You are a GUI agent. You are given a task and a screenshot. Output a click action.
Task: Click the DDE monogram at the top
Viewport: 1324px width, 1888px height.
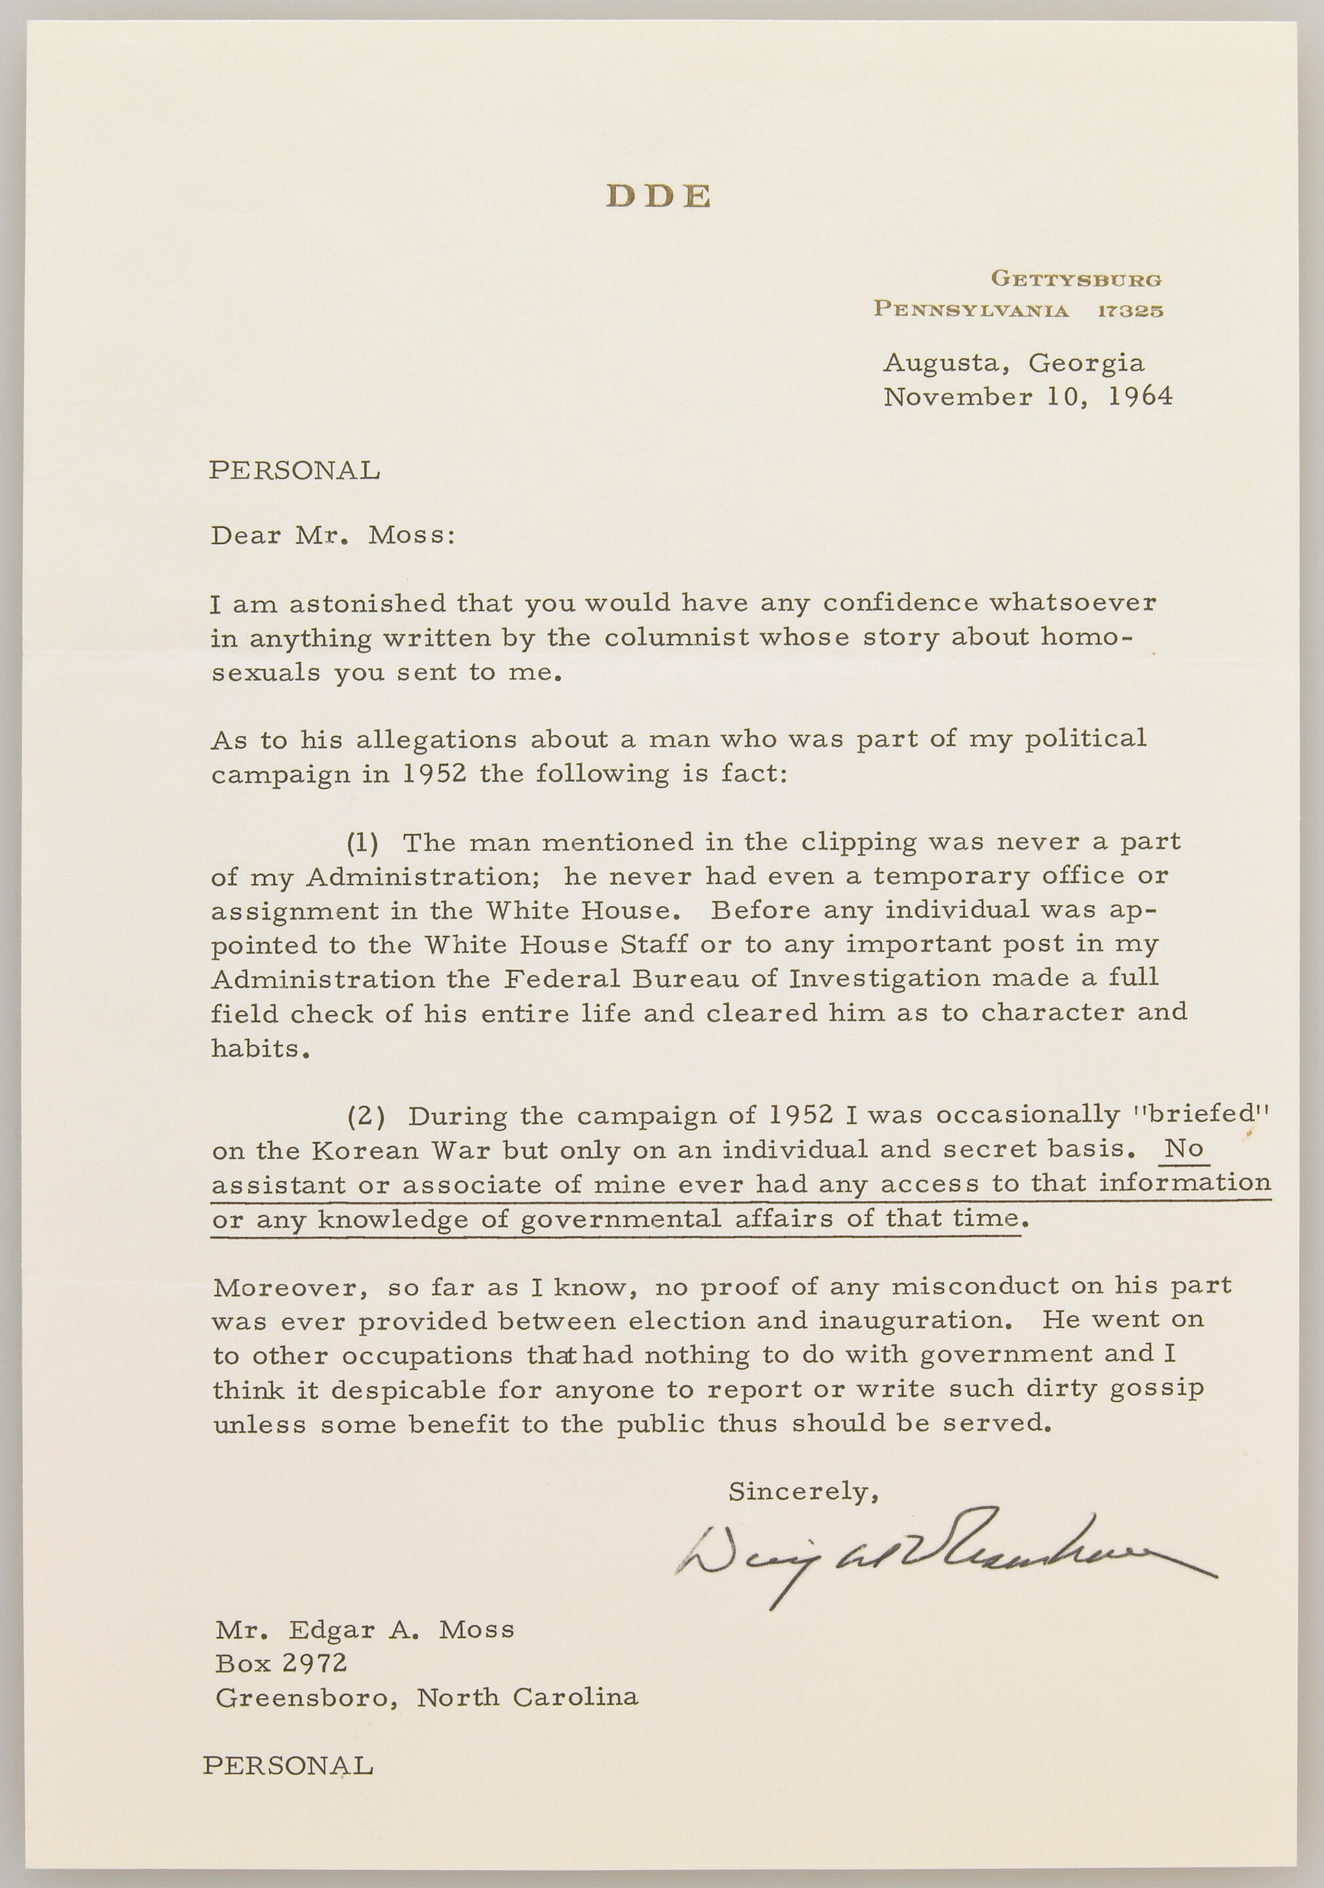click(x=658, y=196)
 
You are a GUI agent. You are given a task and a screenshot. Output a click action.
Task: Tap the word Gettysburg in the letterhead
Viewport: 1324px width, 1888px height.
click(x=1076, y=279)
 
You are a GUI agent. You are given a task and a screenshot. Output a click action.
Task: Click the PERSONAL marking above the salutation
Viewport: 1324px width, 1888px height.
click(x=294, y=470)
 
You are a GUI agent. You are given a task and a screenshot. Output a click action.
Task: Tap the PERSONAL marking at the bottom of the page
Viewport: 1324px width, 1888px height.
click(x=288, y=1765)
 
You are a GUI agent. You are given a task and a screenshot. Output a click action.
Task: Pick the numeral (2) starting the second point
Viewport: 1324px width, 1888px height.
click(x=366, y=1116)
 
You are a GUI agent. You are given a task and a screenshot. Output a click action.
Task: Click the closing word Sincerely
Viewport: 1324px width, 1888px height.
click(x=803, y=1491)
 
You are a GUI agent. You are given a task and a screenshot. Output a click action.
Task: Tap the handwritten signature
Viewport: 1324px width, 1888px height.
click(x=945, y=1554)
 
